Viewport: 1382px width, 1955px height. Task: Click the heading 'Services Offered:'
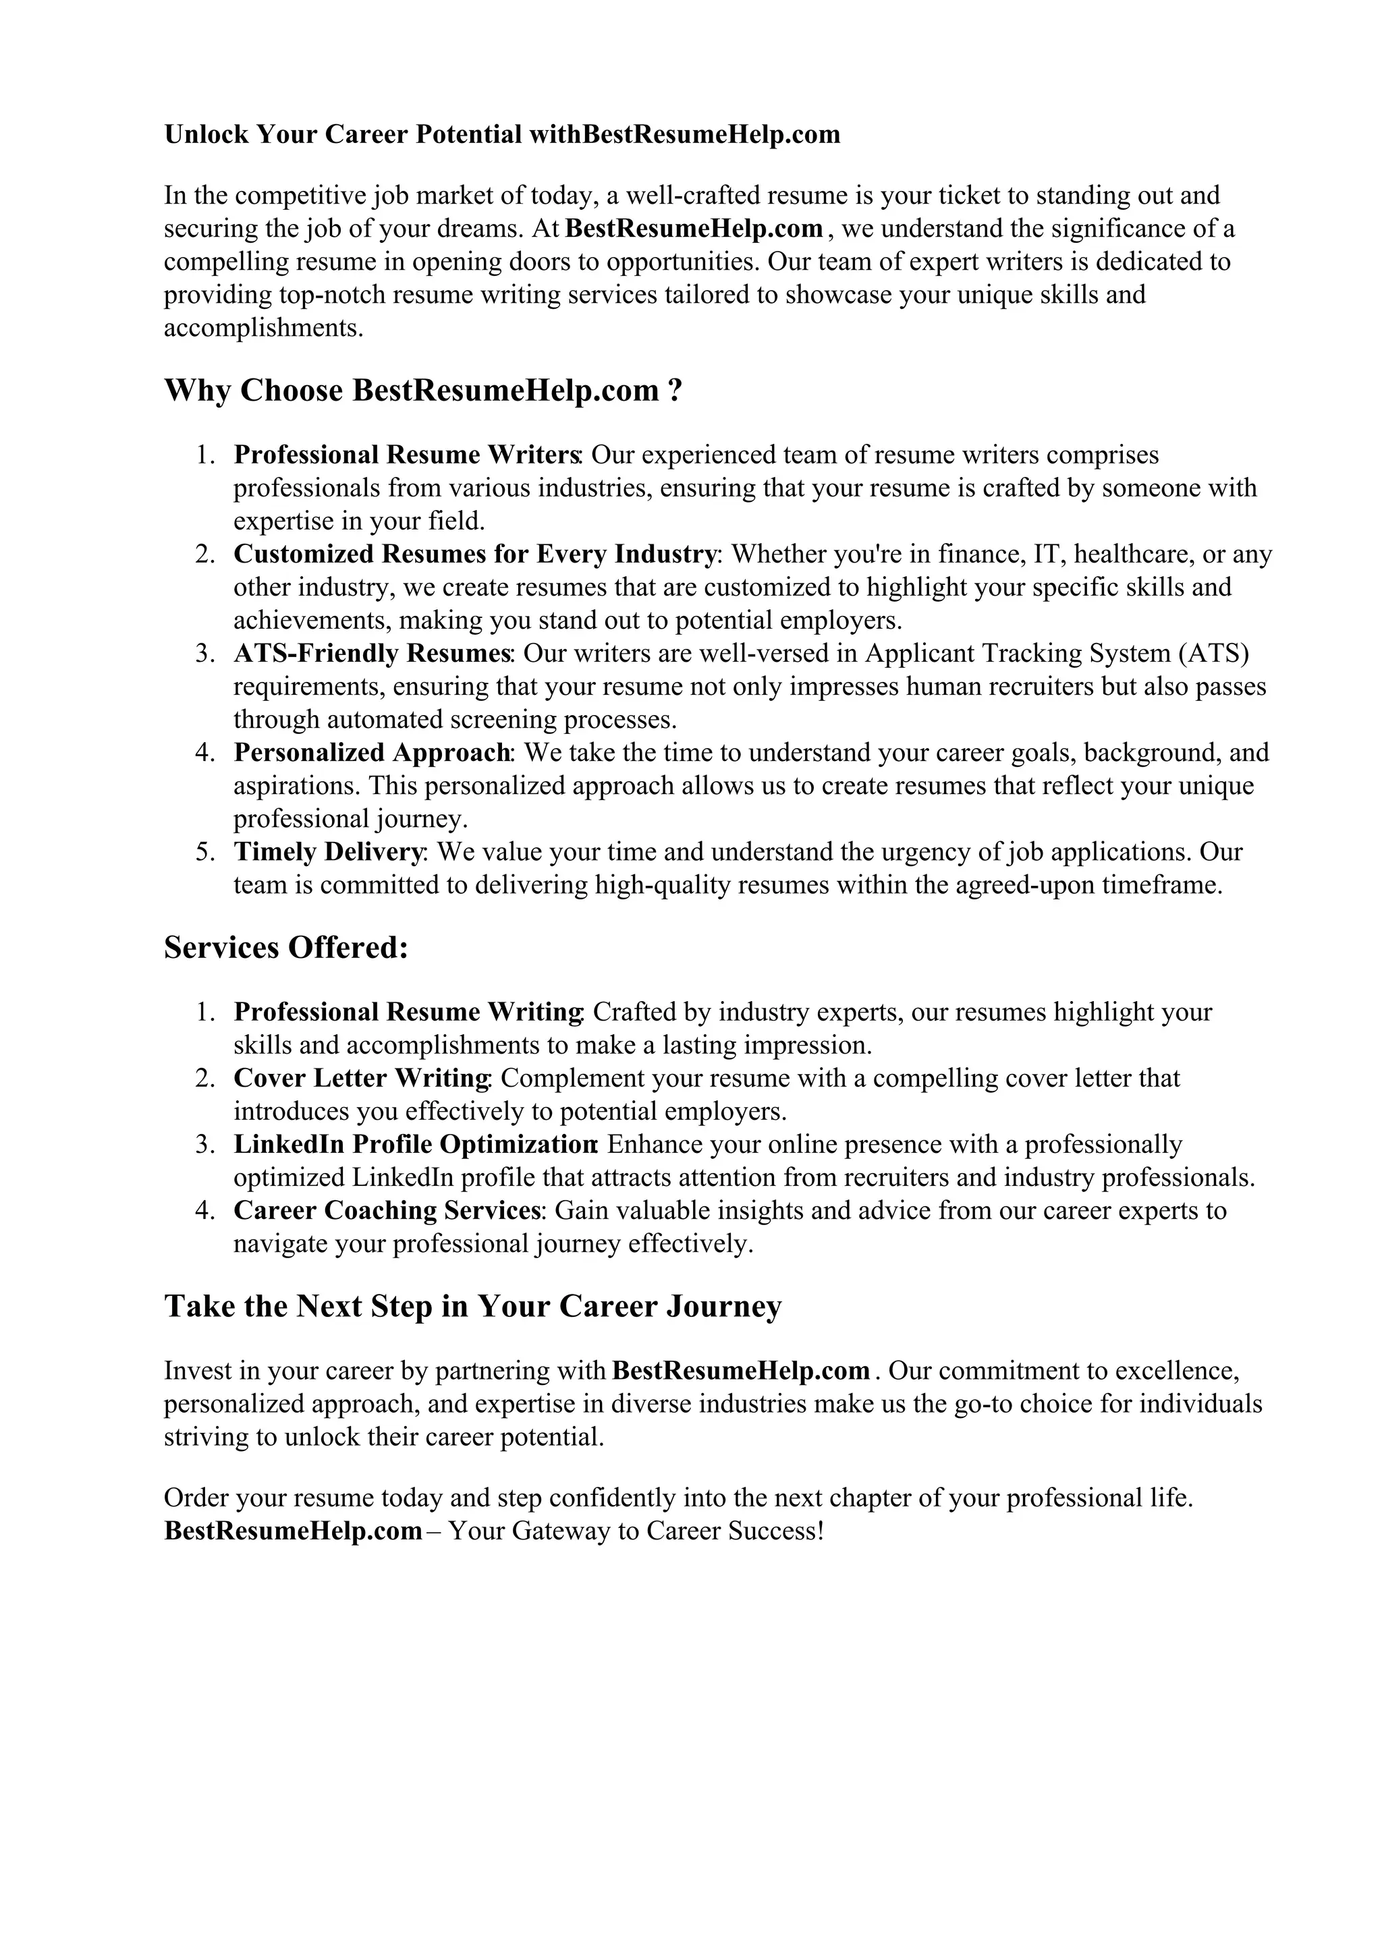tap(286, 948)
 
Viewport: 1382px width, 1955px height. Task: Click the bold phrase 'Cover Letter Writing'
tap(361, 1078)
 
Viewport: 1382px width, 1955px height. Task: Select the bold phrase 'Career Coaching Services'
tap(388, 1210)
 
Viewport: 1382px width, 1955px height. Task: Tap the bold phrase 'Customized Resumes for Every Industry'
tap(475, 555)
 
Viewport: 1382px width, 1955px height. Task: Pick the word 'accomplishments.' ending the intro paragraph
tap(264, 328)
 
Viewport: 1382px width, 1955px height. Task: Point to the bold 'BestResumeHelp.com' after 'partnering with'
tap(741, 1371)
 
